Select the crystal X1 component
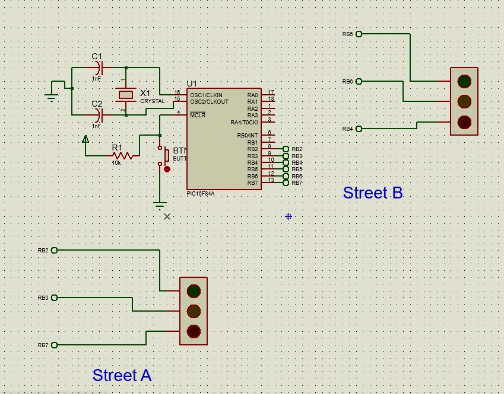click(126, 94)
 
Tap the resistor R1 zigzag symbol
click(122, 156)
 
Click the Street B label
click(373, 193)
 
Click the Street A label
click(122, 375)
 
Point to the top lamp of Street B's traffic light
click(464, 81)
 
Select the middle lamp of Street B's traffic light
click(464, 101)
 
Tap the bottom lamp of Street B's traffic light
click(464, 122)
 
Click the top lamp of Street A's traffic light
click(194, 291)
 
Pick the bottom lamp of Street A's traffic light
click(194, 331)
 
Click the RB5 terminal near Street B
click(359, 34)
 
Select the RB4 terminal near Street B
click(359, 129)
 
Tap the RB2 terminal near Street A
click(55, 250)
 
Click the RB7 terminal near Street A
click(55, 345)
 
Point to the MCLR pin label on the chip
click(198, 115)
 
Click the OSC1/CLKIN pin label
click(206, 95)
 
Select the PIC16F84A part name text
click(201, 193)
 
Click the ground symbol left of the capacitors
click(52, 97)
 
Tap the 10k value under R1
click(117, 162)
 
